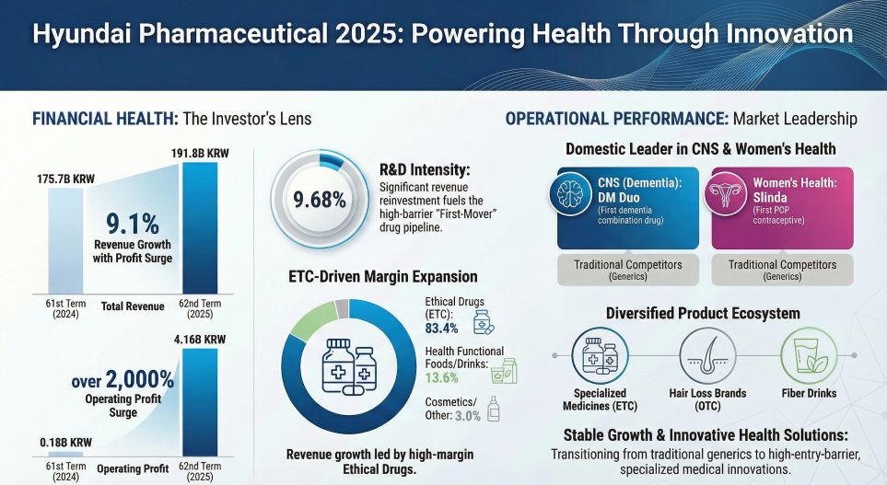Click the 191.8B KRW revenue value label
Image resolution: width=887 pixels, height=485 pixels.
pos(200,153)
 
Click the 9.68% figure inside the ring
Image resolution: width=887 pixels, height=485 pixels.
pos(320,199)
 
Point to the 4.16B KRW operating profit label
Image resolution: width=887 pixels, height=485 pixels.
pos(199,339)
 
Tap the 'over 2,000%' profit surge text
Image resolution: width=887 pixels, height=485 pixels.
pos(123,379)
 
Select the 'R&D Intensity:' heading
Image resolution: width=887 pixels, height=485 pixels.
pos(425,169)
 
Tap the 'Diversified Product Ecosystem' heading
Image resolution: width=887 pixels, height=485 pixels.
pos(702,313)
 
